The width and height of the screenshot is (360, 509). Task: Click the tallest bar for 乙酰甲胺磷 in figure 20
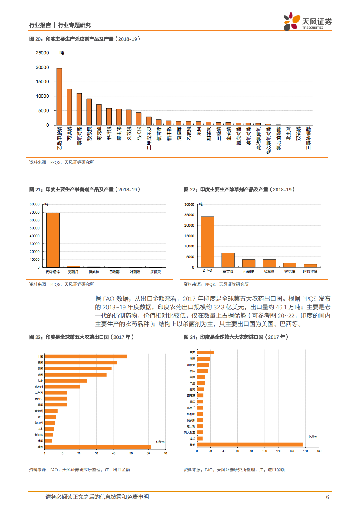(x=59, y=97)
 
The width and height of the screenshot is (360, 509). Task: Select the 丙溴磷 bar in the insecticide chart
(x=69, y=107)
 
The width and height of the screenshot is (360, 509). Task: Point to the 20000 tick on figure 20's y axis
(x=42, y=67)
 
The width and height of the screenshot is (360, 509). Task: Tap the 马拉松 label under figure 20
(x=139, y=133)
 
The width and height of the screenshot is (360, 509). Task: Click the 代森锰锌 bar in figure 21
(x=53, y=240)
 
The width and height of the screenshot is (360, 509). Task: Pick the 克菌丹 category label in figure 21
(x=73, y=272)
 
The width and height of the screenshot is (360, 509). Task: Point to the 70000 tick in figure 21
(x=34, y=212)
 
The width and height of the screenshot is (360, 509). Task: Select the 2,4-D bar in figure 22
(x=208, y=242)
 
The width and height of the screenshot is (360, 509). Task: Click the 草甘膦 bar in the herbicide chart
(x=228, y=260)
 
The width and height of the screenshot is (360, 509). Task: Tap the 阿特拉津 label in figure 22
(x=310, y=272)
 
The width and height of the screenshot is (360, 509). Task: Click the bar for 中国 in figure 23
(x=86, y=357)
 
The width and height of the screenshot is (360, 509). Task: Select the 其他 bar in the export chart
(x=98, y=447)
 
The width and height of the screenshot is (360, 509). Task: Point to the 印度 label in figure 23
(x=40, y=381)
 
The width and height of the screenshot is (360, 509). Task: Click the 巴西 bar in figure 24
(x=205, y=353)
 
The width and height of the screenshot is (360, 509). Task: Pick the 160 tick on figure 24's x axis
(x=305, y=451)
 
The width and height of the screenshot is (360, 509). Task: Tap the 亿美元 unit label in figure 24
(x=313, y=437)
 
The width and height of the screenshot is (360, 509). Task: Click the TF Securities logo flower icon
(x=291, y=21)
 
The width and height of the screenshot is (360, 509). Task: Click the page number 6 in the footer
(x=327, y=497)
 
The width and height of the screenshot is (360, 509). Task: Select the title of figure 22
(x=239, y=190)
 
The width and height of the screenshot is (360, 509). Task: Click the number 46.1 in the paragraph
(x=281, y=307)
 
